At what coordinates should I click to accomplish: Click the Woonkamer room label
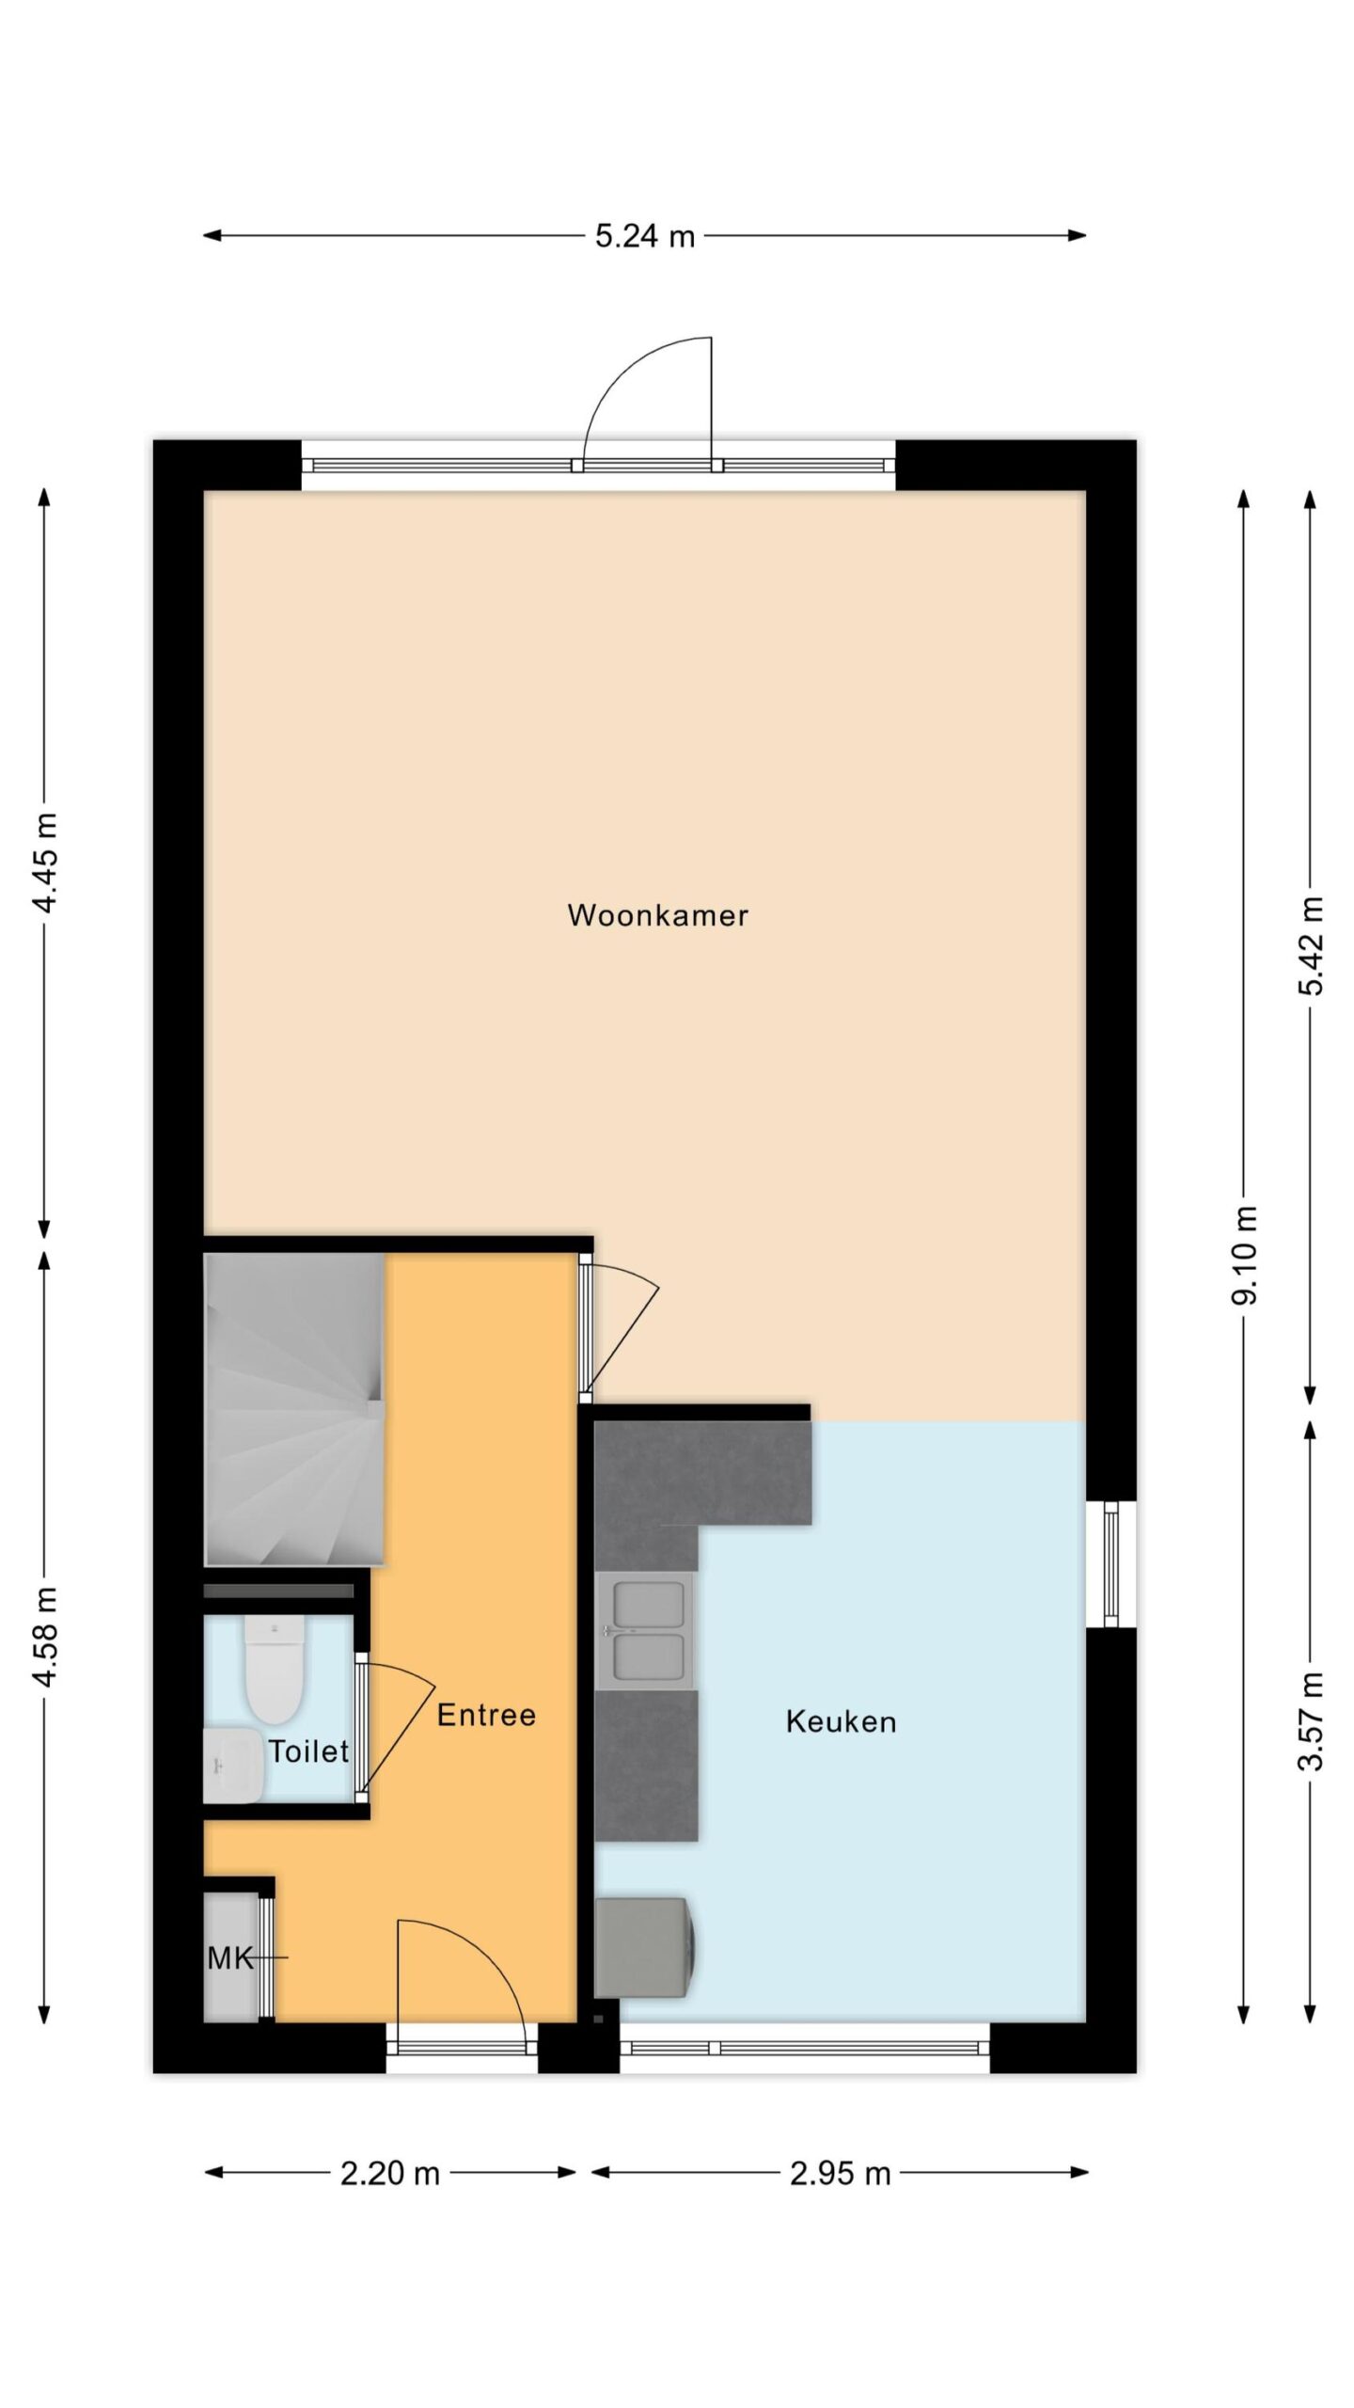coord(657,915)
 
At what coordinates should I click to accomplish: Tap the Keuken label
coord(841,1722)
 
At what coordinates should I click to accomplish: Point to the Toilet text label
coord(308,1751)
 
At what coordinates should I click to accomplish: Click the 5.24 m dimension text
coord(645,236)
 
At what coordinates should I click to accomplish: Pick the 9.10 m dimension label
coord(1245,1255)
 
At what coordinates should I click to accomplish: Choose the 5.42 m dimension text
coord(1311,945)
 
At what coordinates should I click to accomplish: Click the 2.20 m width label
coord(390,2174)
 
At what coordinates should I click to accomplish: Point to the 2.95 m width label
coord(840,2174)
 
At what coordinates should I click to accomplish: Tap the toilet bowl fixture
coord(275,1668)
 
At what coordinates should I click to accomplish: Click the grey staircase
coord(294,1409)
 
